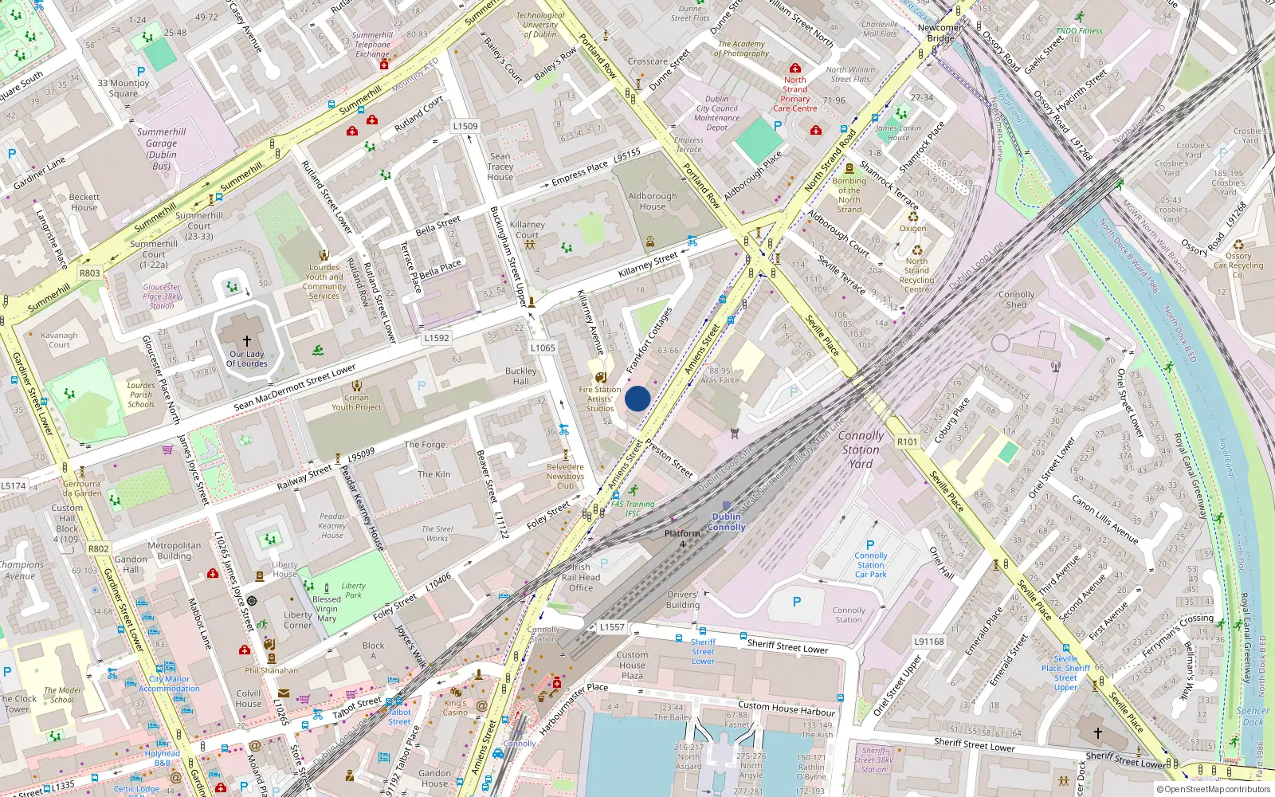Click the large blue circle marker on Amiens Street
tap(637, 398)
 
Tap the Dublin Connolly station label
tap(726, 522)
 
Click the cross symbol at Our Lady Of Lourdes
tap(247, 340)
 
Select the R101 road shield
tap(907, 442)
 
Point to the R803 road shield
tap(89, 273)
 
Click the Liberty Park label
tap(353, 591)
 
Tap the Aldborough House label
tap(652, 201)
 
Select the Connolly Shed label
tap(1016, 300)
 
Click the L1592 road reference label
tap(436, 338)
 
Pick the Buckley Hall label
tap(520, 376)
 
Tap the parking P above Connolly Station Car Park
tap(870, 545)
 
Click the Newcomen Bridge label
tap(940, 33)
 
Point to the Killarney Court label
tap(527, 230)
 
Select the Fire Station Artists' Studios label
tap(599, 399)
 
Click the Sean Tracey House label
tap(500, 167)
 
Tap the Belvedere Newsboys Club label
tap(565, 476)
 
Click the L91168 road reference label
tap(928, 642)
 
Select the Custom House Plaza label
tap(632, 665)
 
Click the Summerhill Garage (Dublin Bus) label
tap(161, 149)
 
